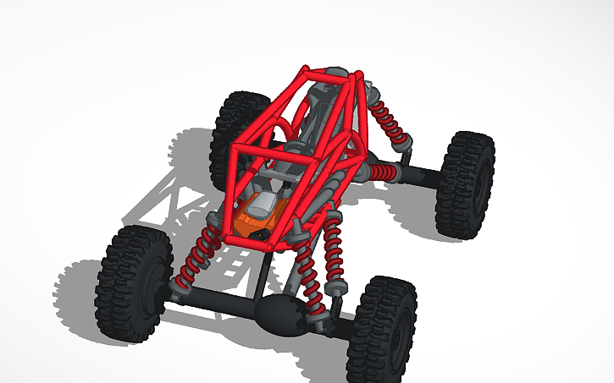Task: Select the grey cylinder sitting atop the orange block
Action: pos(264,202)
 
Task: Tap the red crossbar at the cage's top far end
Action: pos(326,72)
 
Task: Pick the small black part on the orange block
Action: pos(265,230)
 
